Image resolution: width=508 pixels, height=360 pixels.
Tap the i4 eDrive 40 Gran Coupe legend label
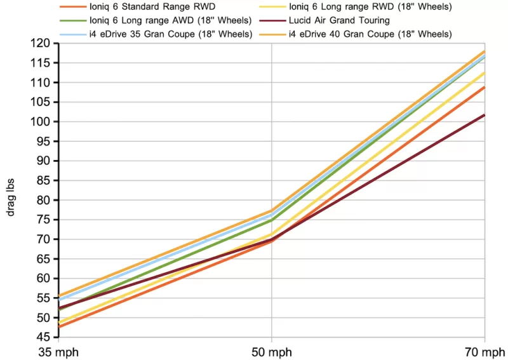tap(370, 34)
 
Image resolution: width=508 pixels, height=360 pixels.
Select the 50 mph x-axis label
tap(272, 351)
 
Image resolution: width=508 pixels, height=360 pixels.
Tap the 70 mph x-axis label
tap(485, 351)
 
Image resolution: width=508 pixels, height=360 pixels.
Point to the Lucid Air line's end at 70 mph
tap(485, 115)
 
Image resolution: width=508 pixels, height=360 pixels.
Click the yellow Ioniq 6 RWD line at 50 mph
tap(272, 234)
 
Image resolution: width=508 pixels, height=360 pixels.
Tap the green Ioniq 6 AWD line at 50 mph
tap(272, 220)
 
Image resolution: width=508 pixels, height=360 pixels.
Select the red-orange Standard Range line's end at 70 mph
tap(485, 87)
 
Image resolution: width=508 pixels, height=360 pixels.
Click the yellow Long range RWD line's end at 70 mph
tap(485, 73)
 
